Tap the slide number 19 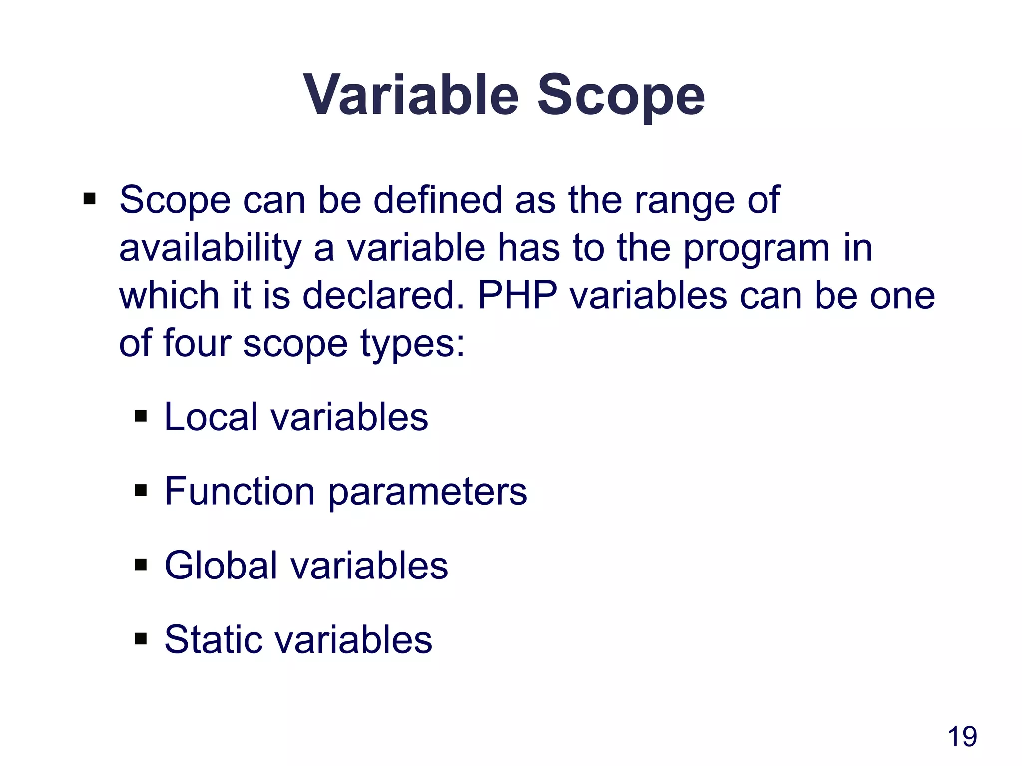coord(962,737)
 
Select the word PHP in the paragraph coord(517,296)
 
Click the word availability coord(211,248)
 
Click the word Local coord(211,417)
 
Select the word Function coord(240,491)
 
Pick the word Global coord(221,566)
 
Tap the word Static coord(213,639)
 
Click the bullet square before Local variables coord(141,415)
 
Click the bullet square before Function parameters coord(141,490)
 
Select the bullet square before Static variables coord(141,638)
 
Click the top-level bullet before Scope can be coord(90,199)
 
